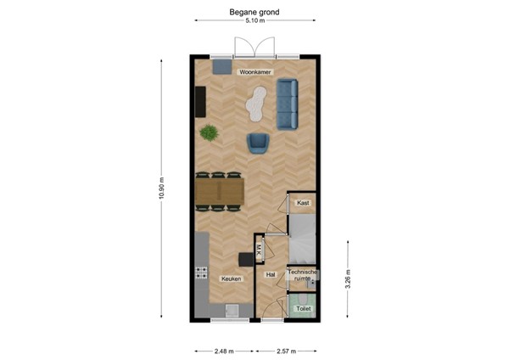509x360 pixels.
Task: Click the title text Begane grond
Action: (x=255, y=12)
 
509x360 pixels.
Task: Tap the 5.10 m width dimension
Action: (x=255, y=22)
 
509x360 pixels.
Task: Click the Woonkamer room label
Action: (x=255, y=73)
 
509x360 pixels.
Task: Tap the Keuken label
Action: (x=231, y=278)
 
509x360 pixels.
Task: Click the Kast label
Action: (x=302, y=203)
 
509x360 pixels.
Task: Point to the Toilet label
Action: (x=303, y=309)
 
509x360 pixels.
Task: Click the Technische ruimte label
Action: (x=302, y=274)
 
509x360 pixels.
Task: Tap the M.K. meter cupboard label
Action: (x=259, y=249)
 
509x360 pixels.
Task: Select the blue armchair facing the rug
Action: (x=259, y=143)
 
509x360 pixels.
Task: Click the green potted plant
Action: (x=208, y=132)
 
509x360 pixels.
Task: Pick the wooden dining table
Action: (x=219, y=191)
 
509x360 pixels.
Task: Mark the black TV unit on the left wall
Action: (x=200, y=103)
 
